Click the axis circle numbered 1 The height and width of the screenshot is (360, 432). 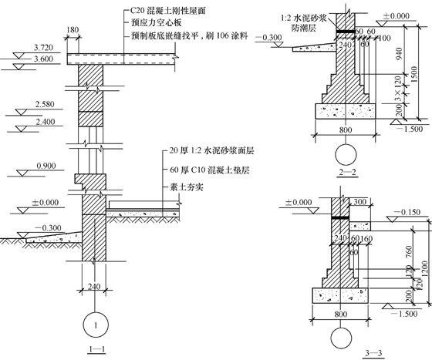[x=94, y=325]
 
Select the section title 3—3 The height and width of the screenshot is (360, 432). [x=373, y=352]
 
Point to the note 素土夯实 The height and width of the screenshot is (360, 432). [x=182, y=187]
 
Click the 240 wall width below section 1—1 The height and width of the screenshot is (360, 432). [x=93, y=287]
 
